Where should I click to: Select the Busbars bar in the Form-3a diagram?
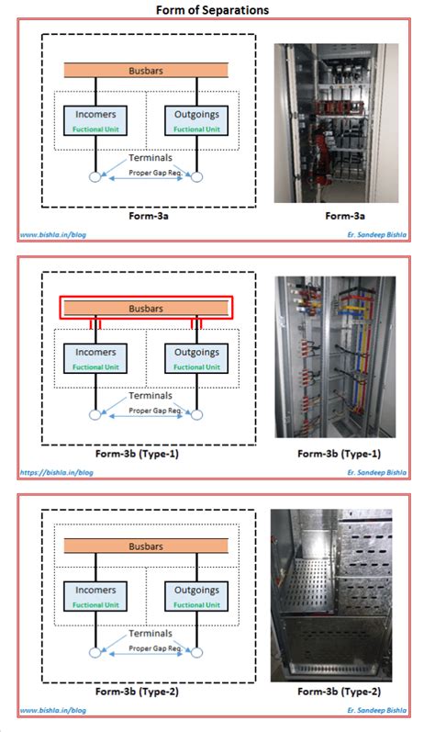[x=146, y=70]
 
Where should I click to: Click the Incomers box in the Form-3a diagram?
[x=95, y=120]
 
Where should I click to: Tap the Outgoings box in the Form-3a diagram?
[x=196, y=120]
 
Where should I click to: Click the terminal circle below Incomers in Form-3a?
[x=95, y=177]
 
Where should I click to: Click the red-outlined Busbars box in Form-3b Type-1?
[x=146, y=308]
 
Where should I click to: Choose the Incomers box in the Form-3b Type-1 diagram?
[x=95, y=356]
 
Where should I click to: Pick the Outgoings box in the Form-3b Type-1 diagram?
[x=196, y=356]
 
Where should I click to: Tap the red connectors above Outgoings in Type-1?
[x=196, y=324]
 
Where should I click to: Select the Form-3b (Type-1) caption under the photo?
[x=339, y=454]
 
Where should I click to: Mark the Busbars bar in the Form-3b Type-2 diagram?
[x=146, y=546]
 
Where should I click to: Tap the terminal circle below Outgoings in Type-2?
[x=196, y=653]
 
